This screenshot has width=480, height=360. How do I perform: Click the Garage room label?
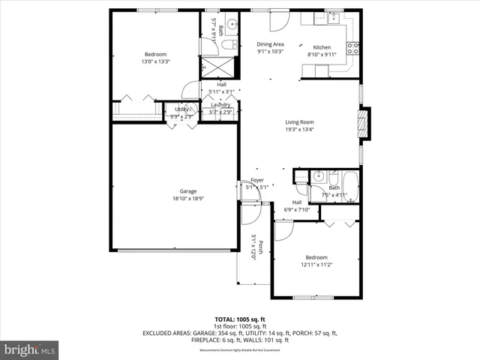coord(177,191)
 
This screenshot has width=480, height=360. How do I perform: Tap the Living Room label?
coord(298,122)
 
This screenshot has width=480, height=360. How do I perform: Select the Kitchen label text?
coord(321,46)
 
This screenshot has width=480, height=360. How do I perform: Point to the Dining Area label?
coord(270,44)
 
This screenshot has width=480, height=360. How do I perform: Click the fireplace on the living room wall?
coord(365,124)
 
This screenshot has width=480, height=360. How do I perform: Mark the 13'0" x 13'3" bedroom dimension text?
coord(156,61)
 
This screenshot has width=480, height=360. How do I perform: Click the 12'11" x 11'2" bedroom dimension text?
coord(316,264)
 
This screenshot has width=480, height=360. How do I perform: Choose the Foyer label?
coord(257,180)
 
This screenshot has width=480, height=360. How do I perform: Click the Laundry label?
coord(220,105)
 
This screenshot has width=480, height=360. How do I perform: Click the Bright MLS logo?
coord(30,349)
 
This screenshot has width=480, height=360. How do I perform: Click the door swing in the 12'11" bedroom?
coord(283,231)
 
